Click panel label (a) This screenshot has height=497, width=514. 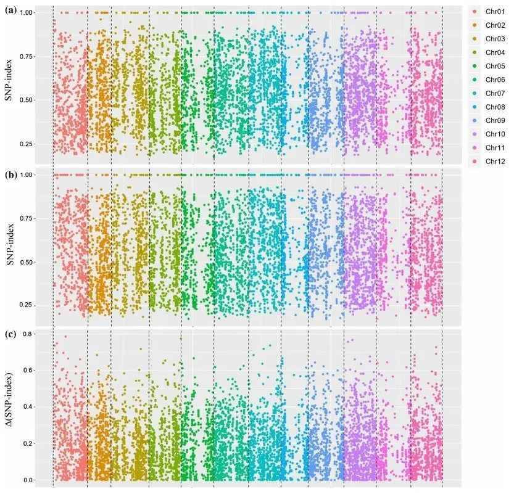tap(9, 10)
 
